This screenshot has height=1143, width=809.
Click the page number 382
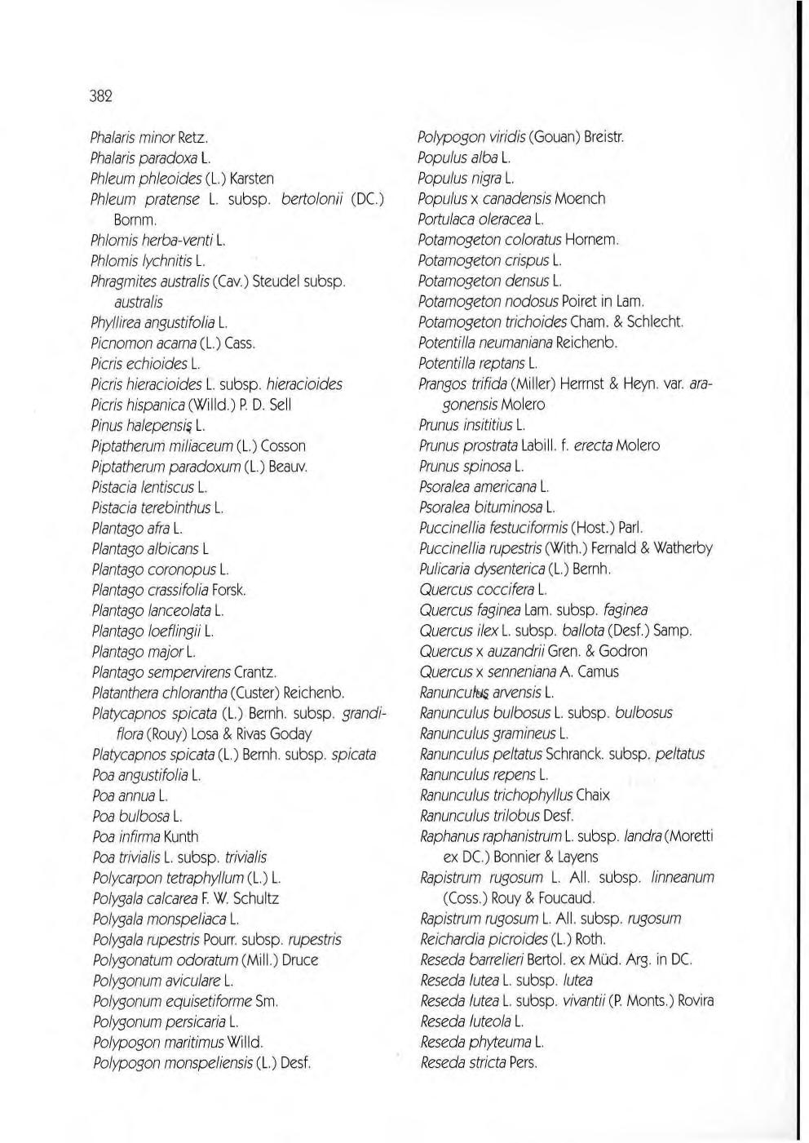(100, 96)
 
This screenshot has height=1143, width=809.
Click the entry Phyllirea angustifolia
(158, 323)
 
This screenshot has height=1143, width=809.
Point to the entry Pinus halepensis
(148, 425)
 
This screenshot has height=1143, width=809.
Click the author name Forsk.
(229, 590)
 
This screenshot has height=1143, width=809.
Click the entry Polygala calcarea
(185, 898)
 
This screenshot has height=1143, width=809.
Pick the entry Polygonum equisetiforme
(185, 1001)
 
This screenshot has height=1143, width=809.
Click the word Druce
(299, 960)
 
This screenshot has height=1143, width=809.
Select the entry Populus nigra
(466, 178)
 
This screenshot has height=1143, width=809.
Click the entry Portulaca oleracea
(480, 219)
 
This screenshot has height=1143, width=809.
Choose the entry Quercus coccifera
(483, 589)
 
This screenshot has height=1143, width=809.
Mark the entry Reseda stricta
(479, 1062)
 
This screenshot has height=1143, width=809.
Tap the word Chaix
(593, 795)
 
